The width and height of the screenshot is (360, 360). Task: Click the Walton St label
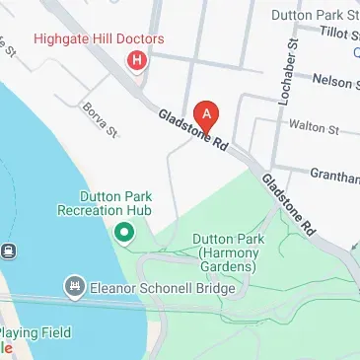click(x=313, y=127)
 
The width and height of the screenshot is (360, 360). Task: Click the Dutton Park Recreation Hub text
click(x=123, y=203)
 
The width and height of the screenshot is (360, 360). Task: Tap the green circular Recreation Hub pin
click(x=124, y=234)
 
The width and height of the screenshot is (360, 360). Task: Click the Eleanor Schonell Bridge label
click(x=163, y=289)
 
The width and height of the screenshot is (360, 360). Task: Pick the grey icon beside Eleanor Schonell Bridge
click(x=74, y=288)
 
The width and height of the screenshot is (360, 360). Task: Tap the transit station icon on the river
click(x=8, y=251)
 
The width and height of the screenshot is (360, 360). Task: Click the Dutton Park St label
click(x=324, y=14)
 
